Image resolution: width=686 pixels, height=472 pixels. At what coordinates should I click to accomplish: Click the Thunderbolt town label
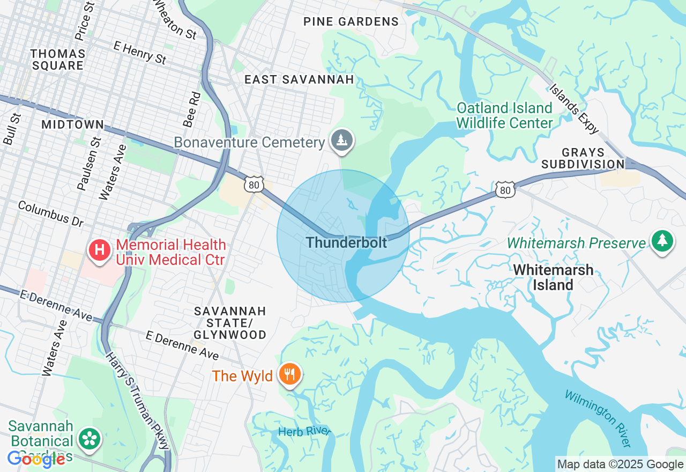click(x=346, y=242)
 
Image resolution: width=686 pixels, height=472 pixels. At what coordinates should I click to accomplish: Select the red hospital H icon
click(x=99, y=250)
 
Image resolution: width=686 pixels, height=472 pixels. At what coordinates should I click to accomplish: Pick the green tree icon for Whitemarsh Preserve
click(x=662, y=241)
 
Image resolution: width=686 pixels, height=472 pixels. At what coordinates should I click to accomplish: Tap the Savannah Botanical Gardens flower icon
click(x=90, y=439)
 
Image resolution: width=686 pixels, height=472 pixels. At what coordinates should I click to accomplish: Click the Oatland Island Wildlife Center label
click(x=504, y=115)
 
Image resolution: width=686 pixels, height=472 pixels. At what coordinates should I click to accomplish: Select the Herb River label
click(x=304, y=432)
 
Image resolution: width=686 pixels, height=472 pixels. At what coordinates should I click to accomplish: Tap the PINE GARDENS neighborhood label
click(x=351, y=21)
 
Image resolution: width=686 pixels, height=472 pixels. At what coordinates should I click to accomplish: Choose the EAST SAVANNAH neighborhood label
click(x=299, y=79)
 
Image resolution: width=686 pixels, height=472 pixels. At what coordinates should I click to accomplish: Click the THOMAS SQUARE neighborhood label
click(x=58, y=60)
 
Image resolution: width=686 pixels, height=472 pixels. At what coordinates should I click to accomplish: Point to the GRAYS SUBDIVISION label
click(x=583, y=158)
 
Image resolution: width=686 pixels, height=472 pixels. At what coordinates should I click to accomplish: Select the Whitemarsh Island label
click(x=553, y=277)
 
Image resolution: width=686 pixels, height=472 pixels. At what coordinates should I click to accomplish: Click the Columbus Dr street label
click(x=51, y=213)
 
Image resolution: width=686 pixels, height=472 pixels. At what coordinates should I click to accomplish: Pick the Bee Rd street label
click(x=191, y=109)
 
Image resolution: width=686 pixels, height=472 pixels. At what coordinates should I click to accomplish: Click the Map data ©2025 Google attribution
click(x=620, y=464)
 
